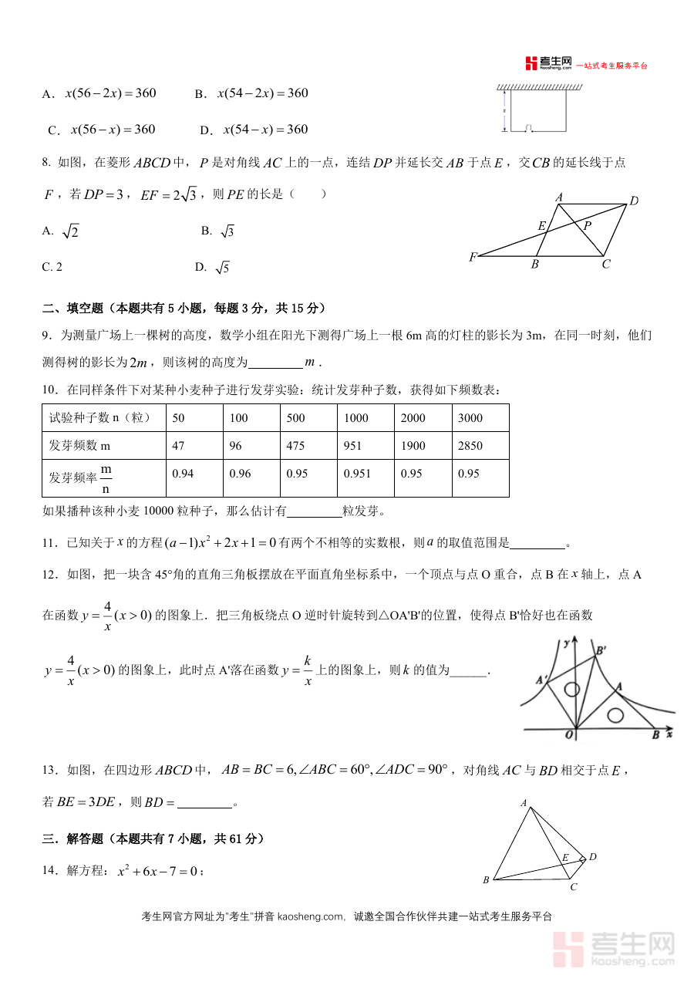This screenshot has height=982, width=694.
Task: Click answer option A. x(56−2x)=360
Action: click(100, 93)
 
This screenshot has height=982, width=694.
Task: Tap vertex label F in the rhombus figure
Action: click(472, 256)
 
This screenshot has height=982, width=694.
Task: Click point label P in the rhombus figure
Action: click(588, 225)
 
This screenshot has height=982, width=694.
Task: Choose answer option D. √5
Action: click(213, 268)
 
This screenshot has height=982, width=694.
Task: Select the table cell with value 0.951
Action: click(357, 474)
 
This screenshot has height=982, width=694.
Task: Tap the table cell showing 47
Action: click(179, 446)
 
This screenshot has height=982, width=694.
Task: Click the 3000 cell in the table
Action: click(470, 418)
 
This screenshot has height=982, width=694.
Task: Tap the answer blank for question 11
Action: click(537, 544)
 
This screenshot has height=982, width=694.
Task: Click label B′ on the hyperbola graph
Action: click(601, 650)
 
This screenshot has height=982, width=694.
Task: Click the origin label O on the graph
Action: click(569, 735)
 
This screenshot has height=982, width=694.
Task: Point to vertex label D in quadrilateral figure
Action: click(593, 857)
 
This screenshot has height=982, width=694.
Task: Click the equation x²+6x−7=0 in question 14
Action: click(160, 871)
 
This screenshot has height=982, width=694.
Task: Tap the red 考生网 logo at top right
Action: click(548, 63)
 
